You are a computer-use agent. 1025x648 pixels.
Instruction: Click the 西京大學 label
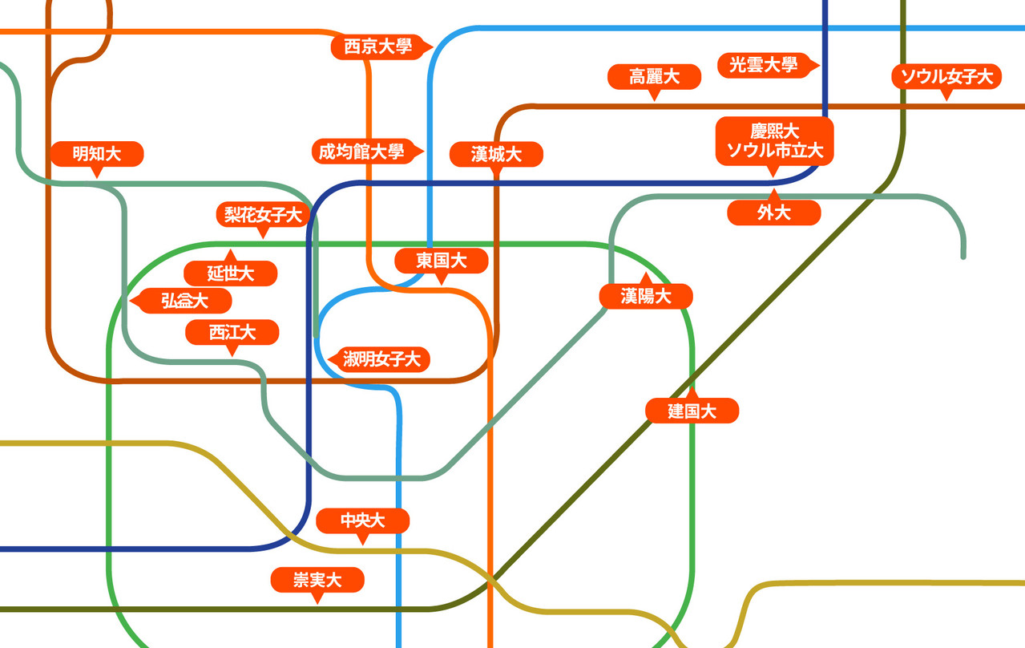coord(377,47)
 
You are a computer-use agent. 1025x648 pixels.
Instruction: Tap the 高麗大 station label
coord(654,77)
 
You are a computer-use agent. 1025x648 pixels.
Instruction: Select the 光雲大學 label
coord(763,65)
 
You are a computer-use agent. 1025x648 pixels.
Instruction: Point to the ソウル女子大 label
coord(946,77)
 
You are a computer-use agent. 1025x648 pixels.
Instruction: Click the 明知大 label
coord(96,154)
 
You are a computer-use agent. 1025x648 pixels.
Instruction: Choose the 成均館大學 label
coord(361,151)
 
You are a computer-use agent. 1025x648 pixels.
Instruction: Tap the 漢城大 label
coord(496,154)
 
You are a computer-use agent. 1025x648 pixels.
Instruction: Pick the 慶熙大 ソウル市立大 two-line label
coord(774,140)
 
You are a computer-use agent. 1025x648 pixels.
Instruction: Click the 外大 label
coord(774,213)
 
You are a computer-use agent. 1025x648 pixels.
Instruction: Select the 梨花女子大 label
coord(263,214)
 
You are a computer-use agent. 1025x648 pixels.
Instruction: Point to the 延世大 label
coord(231,273)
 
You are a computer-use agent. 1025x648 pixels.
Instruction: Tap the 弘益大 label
coord(185,301)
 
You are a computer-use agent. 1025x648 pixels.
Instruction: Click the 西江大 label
coord(232,332)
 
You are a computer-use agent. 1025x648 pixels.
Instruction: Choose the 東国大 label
coord(441,261)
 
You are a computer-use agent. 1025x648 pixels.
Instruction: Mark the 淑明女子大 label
coord(382,358)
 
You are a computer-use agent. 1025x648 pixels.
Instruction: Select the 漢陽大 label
coord(646,296)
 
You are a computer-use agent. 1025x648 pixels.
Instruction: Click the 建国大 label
coord(692,411)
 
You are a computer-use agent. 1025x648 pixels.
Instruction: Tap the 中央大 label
coord(363,521)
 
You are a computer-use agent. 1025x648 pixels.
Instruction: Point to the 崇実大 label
coord(317,580)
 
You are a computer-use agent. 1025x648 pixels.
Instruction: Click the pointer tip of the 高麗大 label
coord(654,99)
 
